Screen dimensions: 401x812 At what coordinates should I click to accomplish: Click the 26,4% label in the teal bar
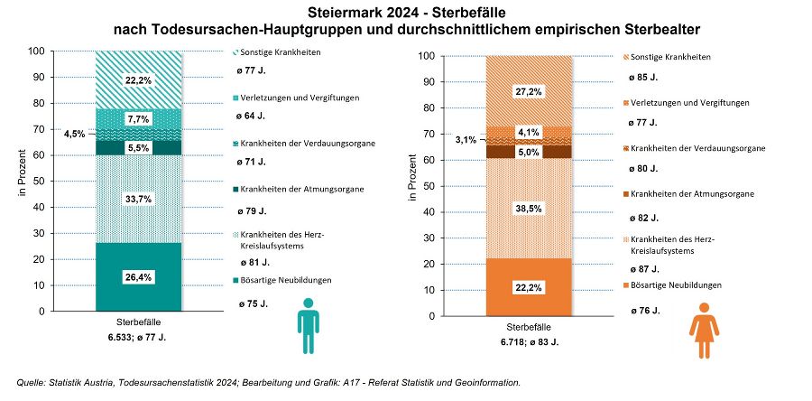(x=139, y=277)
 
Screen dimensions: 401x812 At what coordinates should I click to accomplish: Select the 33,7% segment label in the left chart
(x=139, y=199)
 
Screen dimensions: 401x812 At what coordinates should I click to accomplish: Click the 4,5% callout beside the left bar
(x=75, y=134)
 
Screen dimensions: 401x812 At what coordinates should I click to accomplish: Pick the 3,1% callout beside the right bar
(x=466, y=140)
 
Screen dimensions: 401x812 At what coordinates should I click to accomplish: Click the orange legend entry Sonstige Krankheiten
(x=669, y=57)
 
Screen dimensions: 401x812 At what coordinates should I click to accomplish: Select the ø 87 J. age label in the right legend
(x=641, y=268)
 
